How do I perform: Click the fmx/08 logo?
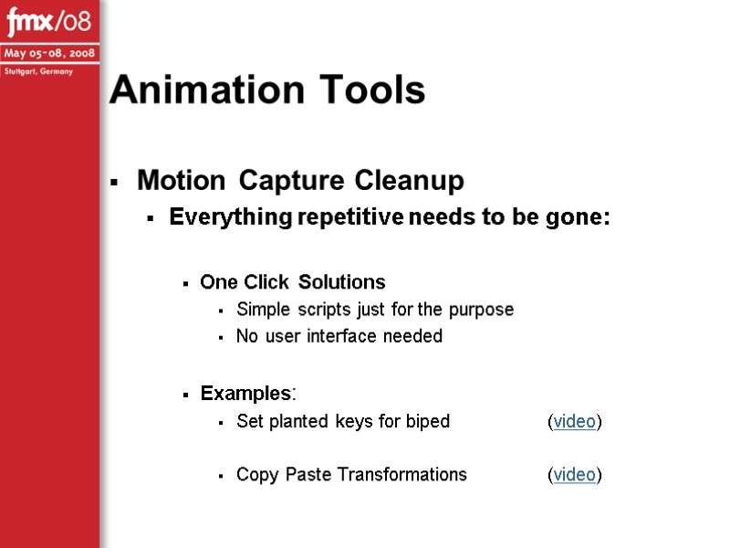pos(49,19)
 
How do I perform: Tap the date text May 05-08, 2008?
pos(49,51)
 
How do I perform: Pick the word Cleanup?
pos(410,181)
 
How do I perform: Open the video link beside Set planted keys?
pos(575,421)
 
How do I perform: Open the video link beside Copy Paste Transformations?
pos(575,474)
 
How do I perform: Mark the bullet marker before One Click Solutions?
pos(185,283)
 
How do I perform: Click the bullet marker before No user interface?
pos(222,338)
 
